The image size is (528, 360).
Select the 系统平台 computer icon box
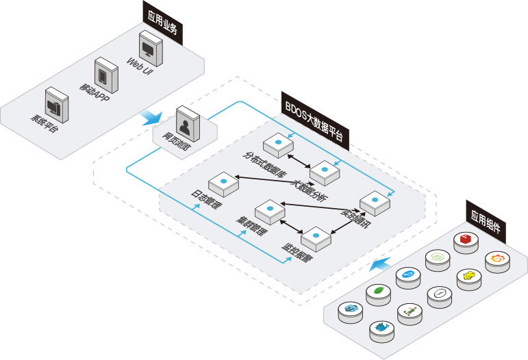coord(56,103)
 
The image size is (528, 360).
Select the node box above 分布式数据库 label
coord(279,143)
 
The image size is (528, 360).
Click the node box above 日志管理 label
coord(223,183)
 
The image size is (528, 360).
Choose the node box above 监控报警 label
coord(316,237)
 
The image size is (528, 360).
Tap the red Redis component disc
coord(466,240)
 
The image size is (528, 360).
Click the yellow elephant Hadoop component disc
coord(469,277)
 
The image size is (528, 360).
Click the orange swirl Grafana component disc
coord(497,259)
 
